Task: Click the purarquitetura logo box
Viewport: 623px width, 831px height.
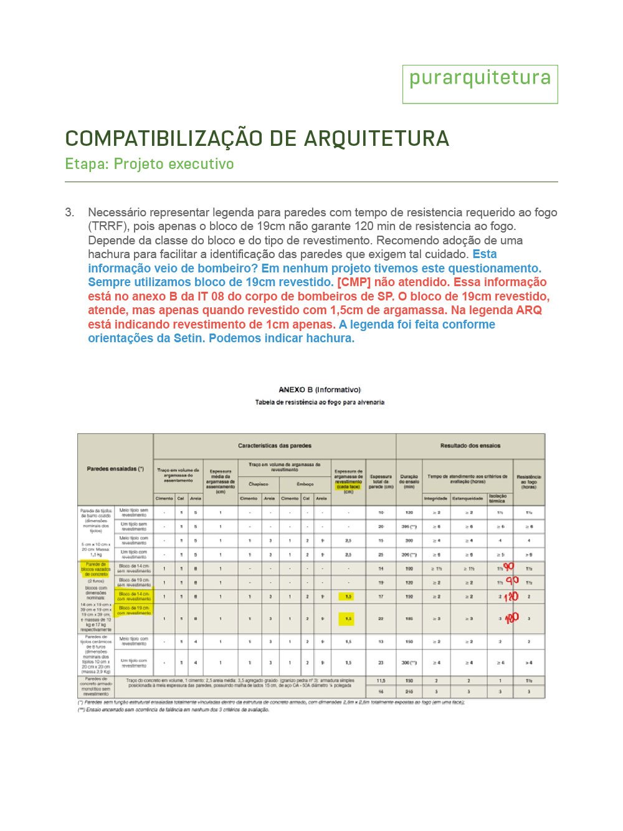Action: coord(480,84)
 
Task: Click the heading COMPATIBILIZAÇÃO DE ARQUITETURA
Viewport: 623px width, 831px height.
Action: coord(257,138)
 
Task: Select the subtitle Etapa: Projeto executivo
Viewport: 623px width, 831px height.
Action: coord(150,164)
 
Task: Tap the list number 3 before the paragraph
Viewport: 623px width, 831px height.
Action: coord(69,213)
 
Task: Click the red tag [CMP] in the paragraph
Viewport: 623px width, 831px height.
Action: coord(354,282)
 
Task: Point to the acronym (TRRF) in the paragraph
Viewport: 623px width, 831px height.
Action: coord(108,226)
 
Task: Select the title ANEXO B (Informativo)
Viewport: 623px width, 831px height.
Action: coord(320,390)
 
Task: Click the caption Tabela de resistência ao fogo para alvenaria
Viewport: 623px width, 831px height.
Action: coord(320,402)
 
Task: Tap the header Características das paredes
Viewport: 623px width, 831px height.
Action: coord(275,446)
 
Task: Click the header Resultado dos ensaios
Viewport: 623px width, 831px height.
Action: coord(470,446)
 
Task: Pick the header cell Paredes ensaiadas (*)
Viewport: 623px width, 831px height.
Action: coord(115,469)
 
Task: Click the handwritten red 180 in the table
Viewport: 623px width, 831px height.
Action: coord(511,618)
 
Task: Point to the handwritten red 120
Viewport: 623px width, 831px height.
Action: coord(511,597)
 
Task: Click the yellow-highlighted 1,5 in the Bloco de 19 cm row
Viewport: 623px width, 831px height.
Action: coord(348,618)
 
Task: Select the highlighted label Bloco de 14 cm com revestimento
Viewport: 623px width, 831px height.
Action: coord(134,597)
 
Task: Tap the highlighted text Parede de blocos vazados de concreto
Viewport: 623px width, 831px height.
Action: coord(96,569)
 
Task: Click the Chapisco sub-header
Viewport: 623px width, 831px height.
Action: coord(259,484)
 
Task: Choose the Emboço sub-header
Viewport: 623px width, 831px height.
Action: coord(305,484)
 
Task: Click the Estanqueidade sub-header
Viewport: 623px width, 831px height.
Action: coord(467,498)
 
